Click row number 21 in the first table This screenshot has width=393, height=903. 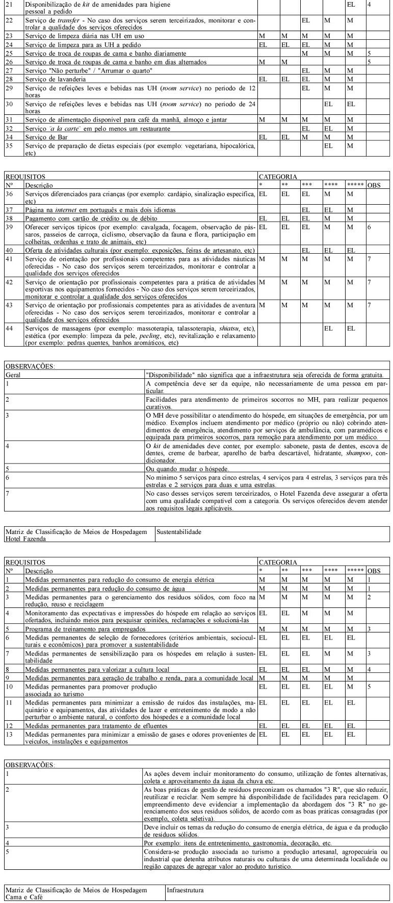click(9, 4)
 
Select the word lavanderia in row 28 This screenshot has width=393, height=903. click(74, 79)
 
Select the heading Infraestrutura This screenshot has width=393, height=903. click(185, 890)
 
